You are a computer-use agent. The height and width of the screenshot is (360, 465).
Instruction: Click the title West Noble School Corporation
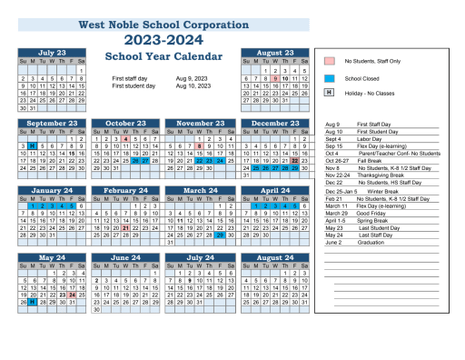[163, 25]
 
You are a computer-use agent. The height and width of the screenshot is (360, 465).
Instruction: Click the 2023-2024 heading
[163, 40]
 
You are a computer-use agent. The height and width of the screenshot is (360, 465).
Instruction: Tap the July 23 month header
[52, 53]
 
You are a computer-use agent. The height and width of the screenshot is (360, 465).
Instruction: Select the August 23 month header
[275, 53]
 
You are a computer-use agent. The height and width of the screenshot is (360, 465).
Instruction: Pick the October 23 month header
[126, 123]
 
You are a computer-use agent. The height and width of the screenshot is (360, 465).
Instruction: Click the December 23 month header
[275, 123]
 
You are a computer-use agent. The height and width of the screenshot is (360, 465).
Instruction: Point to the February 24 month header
[126, 191]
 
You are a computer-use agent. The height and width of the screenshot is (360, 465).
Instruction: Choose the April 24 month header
[275, 191]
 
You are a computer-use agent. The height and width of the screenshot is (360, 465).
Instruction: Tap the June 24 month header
[126, 258]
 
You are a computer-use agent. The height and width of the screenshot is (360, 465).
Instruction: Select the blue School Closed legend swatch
[330, 78]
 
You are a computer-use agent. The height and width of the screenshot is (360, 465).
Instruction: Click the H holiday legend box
[330, 94]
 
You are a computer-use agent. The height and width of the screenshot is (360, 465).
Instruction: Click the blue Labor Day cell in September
[32, 145]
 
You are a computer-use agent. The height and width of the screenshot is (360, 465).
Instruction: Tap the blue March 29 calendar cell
[220, 235]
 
